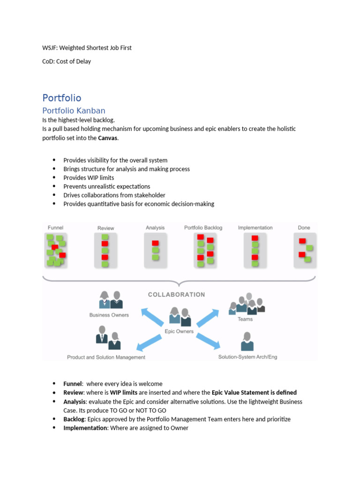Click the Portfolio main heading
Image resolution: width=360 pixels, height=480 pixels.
pos(61,98)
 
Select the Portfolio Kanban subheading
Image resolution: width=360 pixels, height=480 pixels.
pos(74,111)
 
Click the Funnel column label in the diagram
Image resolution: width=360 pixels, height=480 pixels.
pos(55,227)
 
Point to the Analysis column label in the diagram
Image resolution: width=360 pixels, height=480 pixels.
pos(155,228)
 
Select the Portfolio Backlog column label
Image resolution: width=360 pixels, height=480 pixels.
pos(203,228)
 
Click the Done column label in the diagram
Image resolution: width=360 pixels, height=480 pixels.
pos(304,228)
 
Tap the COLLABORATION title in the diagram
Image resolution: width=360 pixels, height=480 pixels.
pos(176,295)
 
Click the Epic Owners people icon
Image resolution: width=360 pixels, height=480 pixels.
pos(180,317)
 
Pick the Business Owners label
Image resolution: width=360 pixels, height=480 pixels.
pos(109,315)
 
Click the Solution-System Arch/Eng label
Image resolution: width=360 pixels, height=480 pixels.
pos(247,357)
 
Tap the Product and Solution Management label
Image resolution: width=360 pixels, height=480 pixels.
pos(106,357)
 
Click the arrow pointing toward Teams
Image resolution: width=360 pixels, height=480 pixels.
pos(208,318)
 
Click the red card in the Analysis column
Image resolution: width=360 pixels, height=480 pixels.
pos(155,243)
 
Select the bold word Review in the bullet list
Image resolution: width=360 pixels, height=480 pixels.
pos(74,393)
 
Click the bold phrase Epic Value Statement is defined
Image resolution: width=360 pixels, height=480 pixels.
pos(254,393)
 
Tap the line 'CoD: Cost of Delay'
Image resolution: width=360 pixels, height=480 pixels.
pos(67,61)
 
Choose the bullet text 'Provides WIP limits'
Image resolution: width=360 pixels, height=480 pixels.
pos(89,178)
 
